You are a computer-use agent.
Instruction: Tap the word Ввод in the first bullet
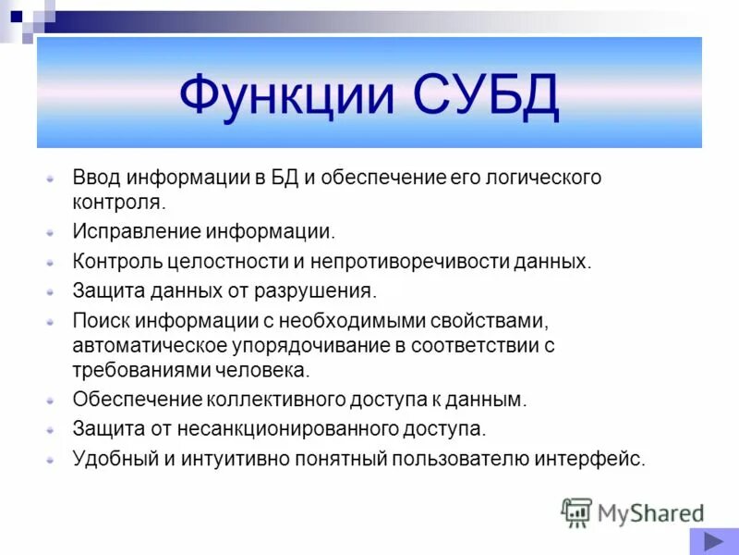[96, 178]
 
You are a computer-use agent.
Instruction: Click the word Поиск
[100, 320]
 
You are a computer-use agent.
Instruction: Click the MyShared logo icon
[576, 512]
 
